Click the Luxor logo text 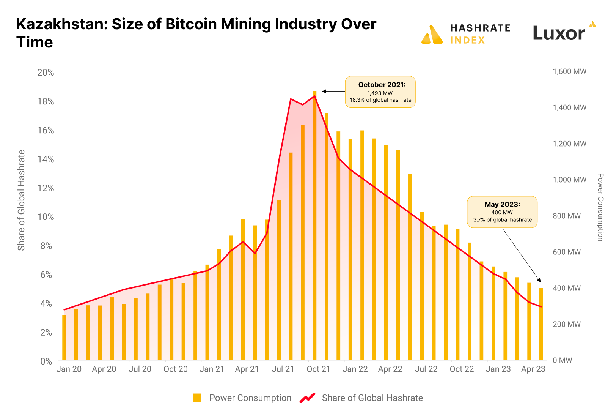click(559, 33)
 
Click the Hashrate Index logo click(466, 34)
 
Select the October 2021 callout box click(380, 92)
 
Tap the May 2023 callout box click(502, 212)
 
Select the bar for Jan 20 click(64, 338)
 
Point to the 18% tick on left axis click(46, 101)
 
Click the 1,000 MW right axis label click(569, 180)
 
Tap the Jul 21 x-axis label click(283, 369)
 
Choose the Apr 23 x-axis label click(533, 369)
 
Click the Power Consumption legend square click(197, 398)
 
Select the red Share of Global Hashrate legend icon click(308, 398)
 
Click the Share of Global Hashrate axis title click(21, 200)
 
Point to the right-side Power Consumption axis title click(600, 207)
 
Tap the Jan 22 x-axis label click(355, 369)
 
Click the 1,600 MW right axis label click(569, 71)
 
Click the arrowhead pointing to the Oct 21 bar click(324, 92)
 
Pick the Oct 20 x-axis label click(175, 369)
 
